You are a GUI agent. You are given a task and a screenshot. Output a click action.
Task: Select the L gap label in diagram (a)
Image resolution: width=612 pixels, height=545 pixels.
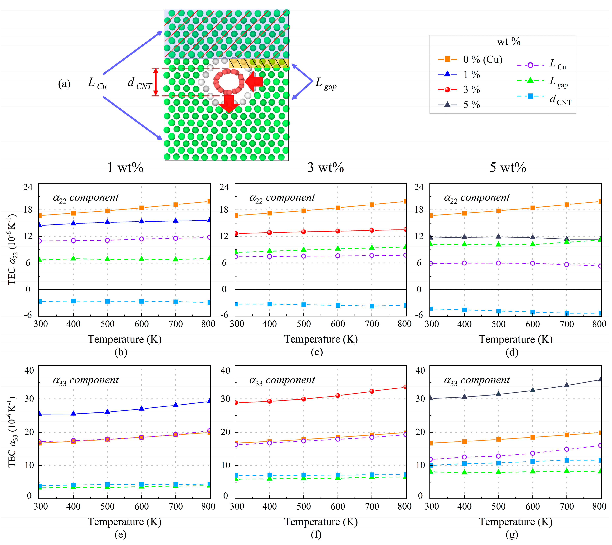point(326,83)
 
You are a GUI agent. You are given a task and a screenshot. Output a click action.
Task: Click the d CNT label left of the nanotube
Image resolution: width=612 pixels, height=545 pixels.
point(140,83)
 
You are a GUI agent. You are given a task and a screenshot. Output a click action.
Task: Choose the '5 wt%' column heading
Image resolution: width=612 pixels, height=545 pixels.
point(508,167)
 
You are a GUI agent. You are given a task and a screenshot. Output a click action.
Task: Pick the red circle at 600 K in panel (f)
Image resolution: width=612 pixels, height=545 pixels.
point(338,395)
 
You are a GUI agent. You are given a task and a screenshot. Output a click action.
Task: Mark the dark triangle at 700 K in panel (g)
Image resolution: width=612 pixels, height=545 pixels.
point(567,385)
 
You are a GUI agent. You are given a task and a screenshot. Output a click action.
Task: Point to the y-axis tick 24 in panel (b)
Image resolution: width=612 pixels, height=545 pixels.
point(28,187)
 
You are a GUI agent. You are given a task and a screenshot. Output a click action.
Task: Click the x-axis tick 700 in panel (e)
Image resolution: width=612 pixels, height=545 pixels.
point(175,507)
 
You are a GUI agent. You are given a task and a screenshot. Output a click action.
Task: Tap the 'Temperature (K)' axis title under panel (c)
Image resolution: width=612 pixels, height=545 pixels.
point(321,339)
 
